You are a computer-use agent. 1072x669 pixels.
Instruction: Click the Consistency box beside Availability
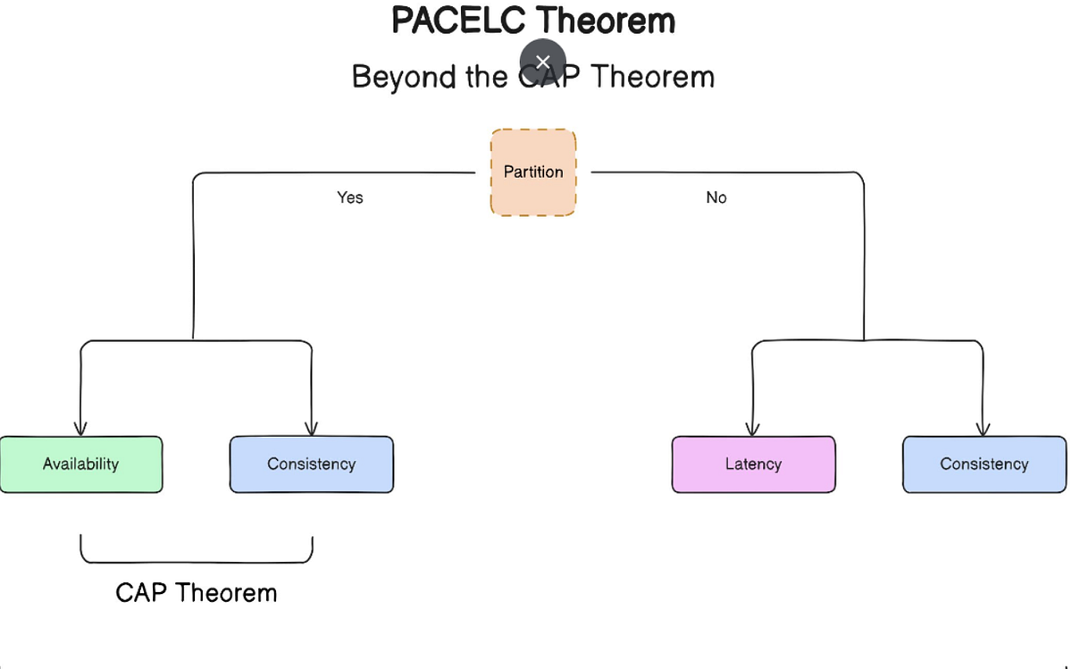click(311, 464)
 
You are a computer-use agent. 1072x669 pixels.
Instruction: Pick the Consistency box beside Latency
click(984, 464)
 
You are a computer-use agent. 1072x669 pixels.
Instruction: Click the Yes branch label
click(350, 197)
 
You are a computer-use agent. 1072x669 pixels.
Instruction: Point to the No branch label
click(716, 197)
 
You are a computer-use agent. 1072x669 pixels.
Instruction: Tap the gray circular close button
click(542, 62)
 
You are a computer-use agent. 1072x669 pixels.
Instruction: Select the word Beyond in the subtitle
click(405, 77)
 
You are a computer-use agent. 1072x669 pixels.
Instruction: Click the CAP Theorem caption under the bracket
click(197, 592)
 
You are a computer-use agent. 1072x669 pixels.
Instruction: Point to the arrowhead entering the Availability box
click(80, 429)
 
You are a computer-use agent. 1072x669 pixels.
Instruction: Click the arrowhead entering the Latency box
click(752, 429)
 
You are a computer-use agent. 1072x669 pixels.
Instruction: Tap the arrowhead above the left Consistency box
click(311, 429)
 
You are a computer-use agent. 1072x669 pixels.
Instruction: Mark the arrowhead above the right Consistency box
click(983, 429)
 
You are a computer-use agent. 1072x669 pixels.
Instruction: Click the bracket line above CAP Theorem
click(197, 562)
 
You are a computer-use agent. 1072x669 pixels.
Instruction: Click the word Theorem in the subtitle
click(653, 77)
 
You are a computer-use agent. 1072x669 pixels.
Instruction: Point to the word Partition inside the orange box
click(533, 171)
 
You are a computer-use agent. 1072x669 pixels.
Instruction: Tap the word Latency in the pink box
click(753, 464)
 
